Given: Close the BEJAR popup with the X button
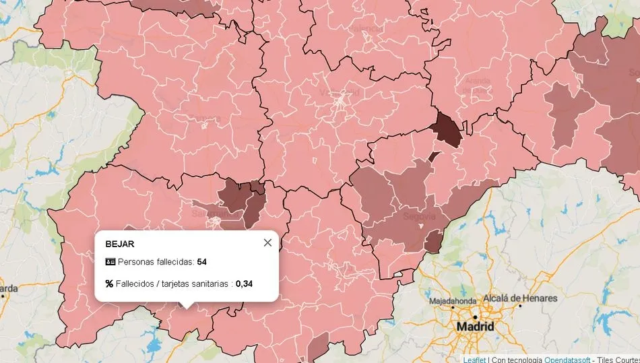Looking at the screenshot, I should (267, 242).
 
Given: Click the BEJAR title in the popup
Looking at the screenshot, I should (120, 244).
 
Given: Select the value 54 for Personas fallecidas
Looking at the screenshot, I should (202, 261).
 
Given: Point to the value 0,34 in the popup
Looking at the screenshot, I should (244, 284).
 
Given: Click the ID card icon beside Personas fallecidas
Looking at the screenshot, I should (110, 261).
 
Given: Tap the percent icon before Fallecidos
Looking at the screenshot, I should (109, 284).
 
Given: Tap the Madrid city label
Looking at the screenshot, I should (475, 327).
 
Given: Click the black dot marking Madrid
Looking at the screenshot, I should (475, 317).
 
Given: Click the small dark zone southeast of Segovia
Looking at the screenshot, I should (433, 240).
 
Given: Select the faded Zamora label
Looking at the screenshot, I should (206, 119).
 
